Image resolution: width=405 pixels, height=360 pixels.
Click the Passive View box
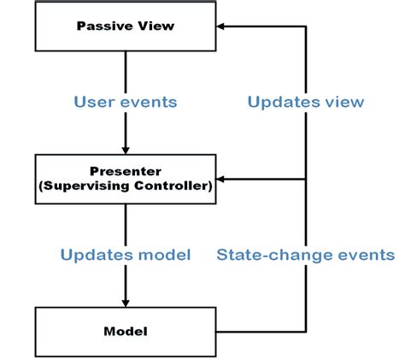point(126,27)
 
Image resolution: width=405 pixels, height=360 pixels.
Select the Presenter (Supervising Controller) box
point(126,180)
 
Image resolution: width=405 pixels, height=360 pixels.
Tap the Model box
point(126,332)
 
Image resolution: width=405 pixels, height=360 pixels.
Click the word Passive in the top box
point(105,26)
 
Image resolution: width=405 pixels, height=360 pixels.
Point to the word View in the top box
point(156,26)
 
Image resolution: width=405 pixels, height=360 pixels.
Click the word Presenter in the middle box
point(126,171)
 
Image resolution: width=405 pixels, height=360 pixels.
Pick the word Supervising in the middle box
point(85,186)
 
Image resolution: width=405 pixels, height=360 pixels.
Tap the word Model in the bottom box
point(126,332)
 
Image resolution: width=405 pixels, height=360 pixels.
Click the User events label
point(126,102)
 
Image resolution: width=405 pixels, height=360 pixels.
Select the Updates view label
point(306,102)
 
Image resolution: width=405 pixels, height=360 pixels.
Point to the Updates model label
point(126,255)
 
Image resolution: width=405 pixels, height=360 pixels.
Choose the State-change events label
point(306,255)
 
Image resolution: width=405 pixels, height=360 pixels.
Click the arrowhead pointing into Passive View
point(220,27)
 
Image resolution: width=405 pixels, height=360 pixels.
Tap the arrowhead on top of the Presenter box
point(126,150)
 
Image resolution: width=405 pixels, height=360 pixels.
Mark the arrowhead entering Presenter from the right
point(220,180)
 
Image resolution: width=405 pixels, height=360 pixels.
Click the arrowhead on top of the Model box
point(126,304)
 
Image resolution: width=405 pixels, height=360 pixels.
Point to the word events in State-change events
point(367,255)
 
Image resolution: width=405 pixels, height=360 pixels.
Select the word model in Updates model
point(164,255)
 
